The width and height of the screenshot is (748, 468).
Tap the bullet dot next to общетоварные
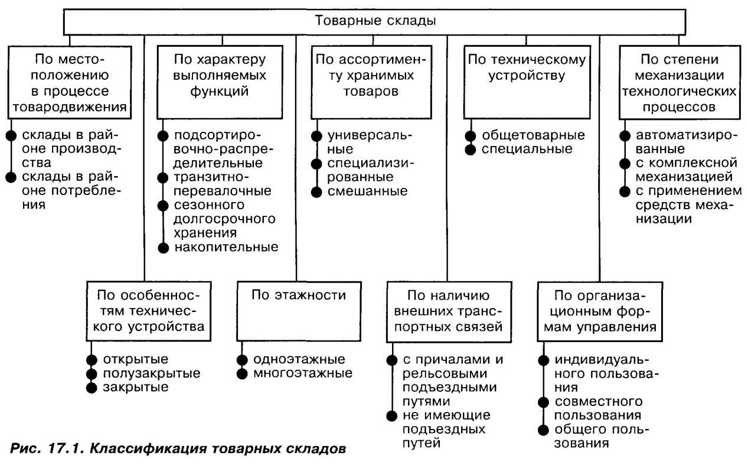[471, 135]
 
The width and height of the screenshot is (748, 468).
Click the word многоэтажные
[303, 373]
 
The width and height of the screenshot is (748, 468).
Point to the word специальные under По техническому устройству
[527, 149]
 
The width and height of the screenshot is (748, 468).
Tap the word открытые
[136, 359]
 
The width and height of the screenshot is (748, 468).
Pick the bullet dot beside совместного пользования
[543, 402]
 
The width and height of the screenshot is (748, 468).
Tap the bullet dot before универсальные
[316, 135]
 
